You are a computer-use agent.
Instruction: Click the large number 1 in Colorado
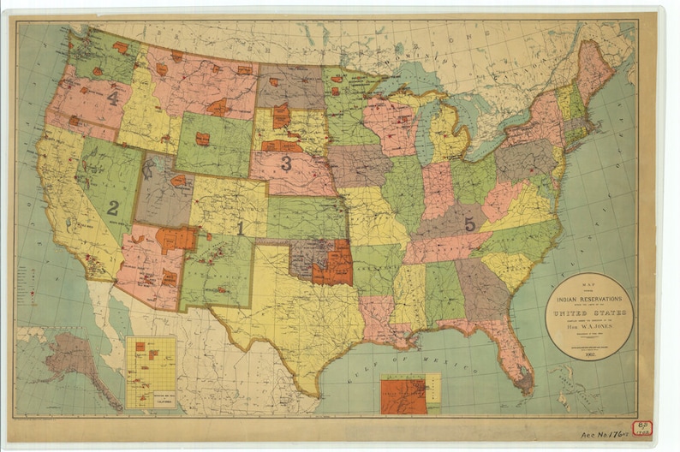coord(241,229)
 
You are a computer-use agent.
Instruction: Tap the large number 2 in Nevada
coord(113,207)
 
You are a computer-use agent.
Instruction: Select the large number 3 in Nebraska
coord(286,163)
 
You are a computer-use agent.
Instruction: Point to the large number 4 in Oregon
coord(113,98)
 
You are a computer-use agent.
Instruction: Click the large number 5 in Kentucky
coord(469,223)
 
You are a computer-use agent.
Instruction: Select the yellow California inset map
coord(150,371)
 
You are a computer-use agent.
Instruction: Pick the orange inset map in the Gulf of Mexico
coord(405,395)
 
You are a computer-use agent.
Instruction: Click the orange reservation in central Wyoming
coord(203,138)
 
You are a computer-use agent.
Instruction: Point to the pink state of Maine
coord(594,68)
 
